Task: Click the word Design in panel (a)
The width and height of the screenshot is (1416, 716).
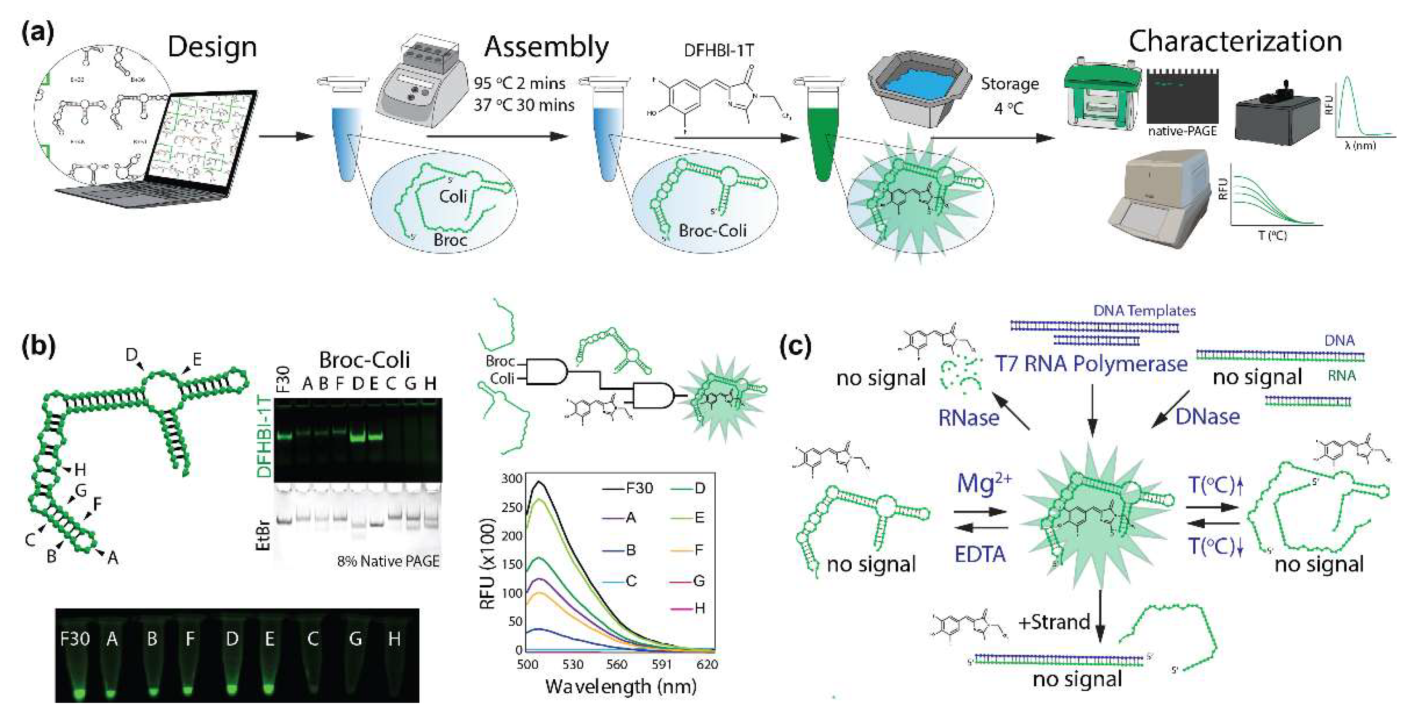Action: click(x=212, y=47)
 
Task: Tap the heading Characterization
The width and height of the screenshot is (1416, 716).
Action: click(x=1235, y=41)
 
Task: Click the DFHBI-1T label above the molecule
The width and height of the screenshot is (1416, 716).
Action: click(x=718, y=51)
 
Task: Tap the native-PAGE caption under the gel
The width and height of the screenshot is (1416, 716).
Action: click(x=1182, y=132)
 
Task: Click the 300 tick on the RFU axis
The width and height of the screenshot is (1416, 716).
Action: click(x=512, y=478)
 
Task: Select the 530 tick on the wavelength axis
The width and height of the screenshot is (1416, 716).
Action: click(x=572, y=664)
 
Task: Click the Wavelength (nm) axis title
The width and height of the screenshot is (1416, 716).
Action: click(x=621, y=687)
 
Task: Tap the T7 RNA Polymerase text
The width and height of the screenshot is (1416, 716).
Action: click(x=1091, y=364)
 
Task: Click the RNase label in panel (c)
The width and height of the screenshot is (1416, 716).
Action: click(x=969, y=418)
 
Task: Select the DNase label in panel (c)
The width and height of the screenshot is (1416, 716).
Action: click(x=1207, y=417)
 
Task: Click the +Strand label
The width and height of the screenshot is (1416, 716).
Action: click(x=1054, y=622)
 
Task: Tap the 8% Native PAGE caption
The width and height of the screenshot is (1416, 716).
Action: click(x=388, y=561)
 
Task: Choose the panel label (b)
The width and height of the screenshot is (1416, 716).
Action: click(x=39, y=347)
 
